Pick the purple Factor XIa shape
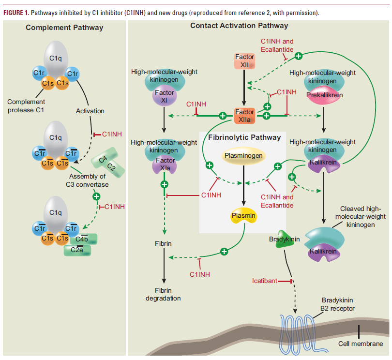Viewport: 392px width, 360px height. click(x=161, y=165)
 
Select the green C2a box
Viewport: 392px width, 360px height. click(x=77, y=250)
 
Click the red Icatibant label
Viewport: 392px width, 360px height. click(x=265, y=281)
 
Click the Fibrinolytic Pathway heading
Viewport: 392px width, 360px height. click(x=244, y=137)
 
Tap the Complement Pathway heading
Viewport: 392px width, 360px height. click(x=64, y=28)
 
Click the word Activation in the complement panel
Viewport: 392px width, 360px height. click(x=90, y=111)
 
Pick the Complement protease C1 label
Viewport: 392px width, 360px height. click(x=26, y=105)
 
